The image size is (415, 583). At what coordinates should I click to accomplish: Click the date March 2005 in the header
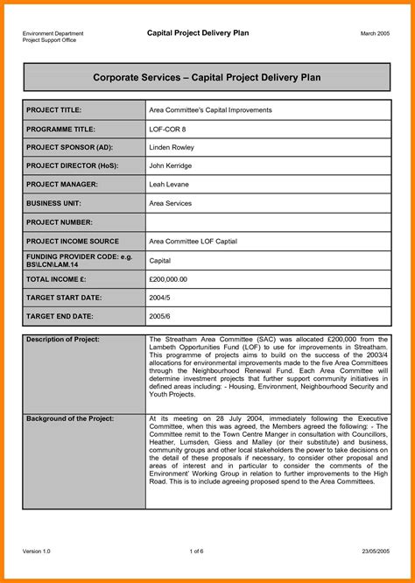(376, 33)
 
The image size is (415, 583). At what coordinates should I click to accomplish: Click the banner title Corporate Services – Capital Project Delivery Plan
(207, 78)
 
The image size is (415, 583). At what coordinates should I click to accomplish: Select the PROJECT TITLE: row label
(54, 110)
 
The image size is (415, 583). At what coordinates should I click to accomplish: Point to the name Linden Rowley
(172, 147)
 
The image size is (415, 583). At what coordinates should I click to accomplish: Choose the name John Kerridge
(172, 166)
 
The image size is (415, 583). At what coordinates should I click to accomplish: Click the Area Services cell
(172, 203)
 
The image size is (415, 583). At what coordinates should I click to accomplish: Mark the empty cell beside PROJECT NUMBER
(268, 222)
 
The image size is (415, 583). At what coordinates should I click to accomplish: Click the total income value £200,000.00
(169, 279)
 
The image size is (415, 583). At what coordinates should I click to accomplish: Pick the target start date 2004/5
(160, 298)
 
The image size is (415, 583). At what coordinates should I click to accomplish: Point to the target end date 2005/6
(160, 316)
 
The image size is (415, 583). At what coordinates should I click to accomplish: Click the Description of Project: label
(63, 339)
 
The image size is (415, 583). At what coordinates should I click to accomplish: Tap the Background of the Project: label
(70, 419)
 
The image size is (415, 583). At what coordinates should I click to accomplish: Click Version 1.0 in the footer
(39, 551)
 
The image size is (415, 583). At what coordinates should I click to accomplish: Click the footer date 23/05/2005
(375, 551)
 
